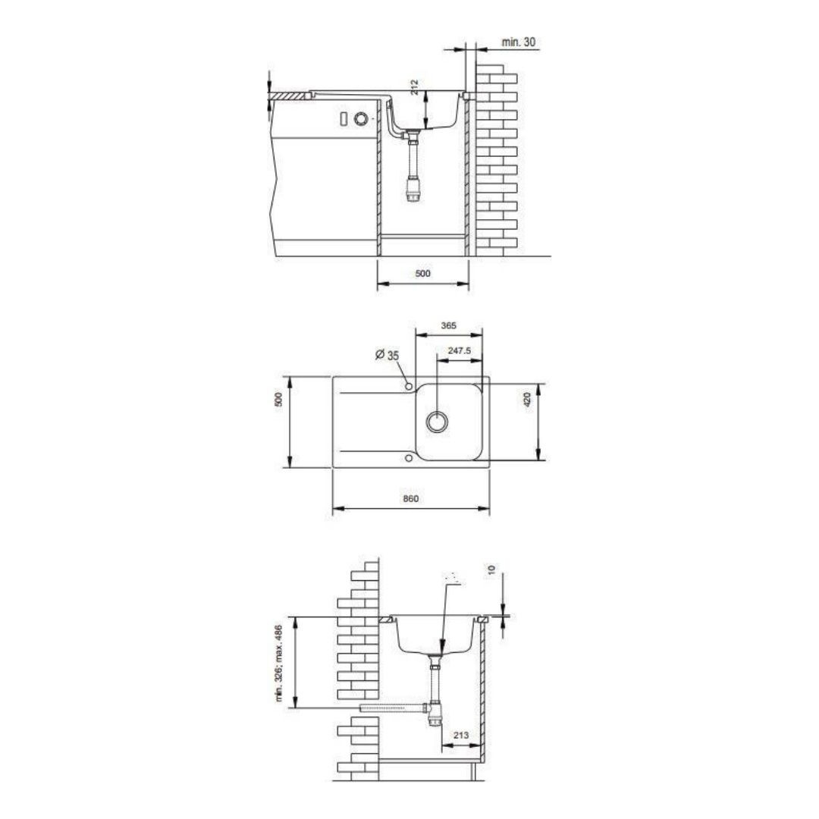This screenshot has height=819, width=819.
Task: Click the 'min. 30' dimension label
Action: [x=518, y=42]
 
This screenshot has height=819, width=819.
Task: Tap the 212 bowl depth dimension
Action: [x=415, y=87]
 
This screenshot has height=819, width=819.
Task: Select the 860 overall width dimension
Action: [x=410, y=498]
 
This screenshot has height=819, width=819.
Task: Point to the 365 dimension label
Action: [x=448, y=325]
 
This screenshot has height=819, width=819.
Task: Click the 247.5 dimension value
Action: [x=459, y=350]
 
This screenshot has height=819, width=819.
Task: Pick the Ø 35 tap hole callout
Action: [x=387, y=355]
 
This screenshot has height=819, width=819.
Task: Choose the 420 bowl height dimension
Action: [x=527, y=400]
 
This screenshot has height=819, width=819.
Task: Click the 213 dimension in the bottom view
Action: [x=461, y=736]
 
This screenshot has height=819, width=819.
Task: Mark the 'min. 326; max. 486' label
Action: [x=278, y=664]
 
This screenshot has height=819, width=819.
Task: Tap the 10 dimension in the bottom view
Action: [x=491, y=570]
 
